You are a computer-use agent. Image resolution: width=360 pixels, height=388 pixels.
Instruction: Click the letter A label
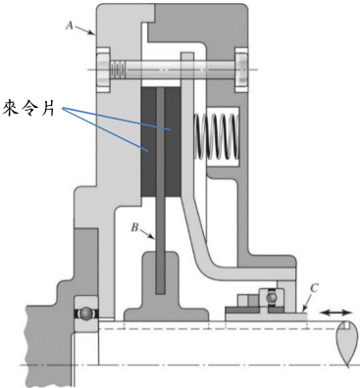(70, 24)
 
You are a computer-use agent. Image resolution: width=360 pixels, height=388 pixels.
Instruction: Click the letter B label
(135, 227)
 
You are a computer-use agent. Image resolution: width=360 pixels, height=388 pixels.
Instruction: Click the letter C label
(314, 288)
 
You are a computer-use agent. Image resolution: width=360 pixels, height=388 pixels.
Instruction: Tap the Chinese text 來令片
(28, 109)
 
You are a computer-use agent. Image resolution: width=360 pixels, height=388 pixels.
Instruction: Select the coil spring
(217, 136)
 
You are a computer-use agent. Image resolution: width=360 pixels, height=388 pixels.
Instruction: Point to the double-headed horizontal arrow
(334, 313)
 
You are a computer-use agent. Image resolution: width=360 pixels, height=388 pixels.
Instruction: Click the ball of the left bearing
(86, 314)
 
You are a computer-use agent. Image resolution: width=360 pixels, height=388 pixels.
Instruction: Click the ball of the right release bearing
(271, 298)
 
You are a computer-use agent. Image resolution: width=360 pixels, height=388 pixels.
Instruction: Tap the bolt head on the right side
(241, 70)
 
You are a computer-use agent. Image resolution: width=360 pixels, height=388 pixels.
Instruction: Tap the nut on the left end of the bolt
(103, 70)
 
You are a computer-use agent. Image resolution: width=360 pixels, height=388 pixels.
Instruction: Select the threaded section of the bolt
(118, 70)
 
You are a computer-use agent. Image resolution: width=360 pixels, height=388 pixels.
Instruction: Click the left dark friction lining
(148, 142)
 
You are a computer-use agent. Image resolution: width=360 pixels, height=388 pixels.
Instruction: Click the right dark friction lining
(173, 142)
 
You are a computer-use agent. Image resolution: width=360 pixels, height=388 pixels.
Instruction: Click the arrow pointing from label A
(84, 30)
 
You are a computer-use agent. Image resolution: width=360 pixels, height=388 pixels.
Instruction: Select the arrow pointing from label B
(147, 234)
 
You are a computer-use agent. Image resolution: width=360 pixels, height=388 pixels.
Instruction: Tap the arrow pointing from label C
(306, 303)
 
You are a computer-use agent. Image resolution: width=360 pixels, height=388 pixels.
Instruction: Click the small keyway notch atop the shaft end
(346, 324)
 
